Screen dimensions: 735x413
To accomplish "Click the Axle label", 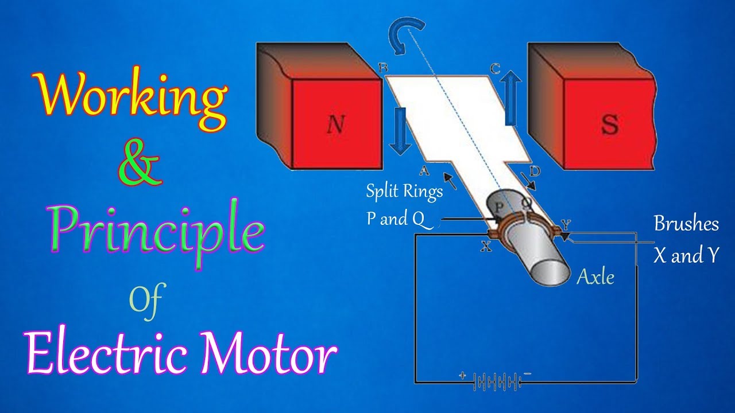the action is [x=595, y=278].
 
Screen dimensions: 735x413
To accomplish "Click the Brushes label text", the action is [x=686, y=224].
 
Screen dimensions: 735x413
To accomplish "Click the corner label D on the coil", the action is [x=535, y=170].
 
